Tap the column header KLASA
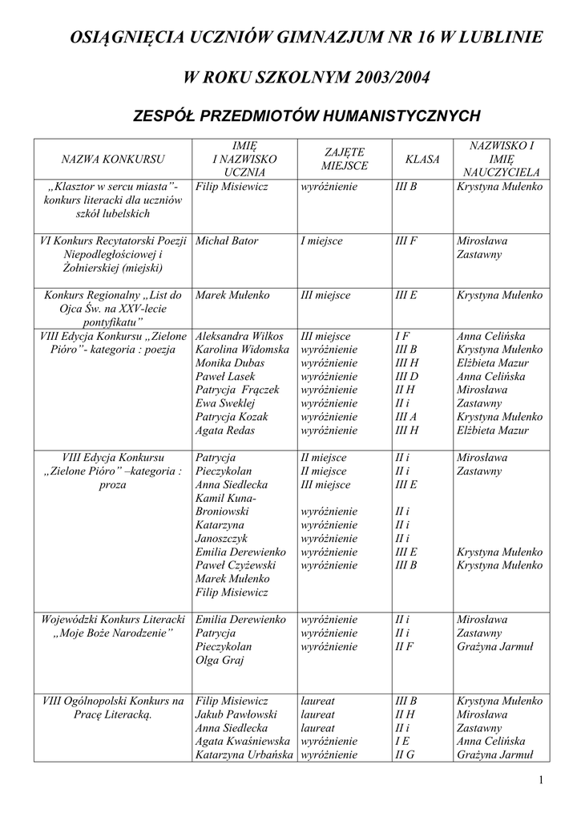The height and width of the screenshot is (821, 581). tap(423, 159)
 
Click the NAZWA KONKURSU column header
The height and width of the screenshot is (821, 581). tap(113, 159)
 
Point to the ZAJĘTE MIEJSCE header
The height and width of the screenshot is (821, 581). tap(345, 159)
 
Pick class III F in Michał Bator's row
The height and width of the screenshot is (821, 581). tap(406, 241)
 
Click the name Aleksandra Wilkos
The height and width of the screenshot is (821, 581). tap(240, 337)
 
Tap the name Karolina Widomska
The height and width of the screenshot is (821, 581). tap(242, 350)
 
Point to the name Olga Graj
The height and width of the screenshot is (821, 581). tap(220, 661)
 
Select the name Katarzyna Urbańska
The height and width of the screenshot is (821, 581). tap(244, 754)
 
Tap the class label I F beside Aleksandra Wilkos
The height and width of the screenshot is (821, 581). tap(402, 337)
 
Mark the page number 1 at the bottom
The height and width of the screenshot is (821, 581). tap(541, 781)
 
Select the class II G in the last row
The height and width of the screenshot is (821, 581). tap(405, 754)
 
